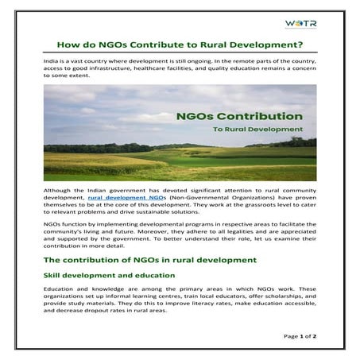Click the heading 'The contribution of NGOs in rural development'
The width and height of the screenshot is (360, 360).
click(x=150, y=259)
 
